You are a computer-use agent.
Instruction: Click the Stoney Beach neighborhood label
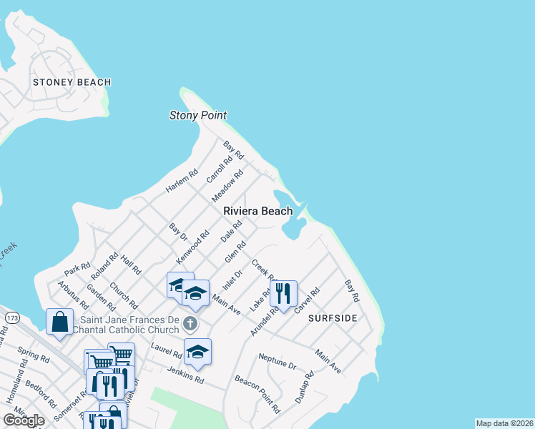click(x=72, y=82)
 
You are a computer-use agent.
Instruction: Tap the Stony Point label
click(x=198, y=115)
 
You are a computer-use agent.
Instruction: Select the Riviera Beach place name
click(x=257, y=211)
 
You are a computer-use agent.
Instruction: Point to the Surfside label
click(x=332, y=317)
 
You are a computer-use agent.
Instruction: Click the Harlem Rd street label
click(x=181, y=181)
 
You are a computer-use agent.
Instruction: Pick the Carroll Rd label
click(x=220, y=170)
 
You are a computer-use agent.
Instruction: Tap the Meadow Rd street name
click(x=228, y=185)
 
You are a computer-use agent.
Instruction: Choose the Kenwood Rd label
click(x=193, y=245)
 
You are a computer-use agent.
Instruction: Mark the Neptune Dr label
click(x=278, y=361)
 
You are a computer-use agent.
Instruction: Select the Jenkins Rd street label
click(x=185, y=373)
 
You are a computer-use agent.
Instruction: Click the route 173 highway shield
click(x=11, y=316)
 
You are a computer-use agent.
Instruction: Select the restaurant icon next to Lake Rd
click(x=283, y=293)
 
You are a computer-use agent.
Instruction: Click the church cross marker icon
click(x=190, y=324)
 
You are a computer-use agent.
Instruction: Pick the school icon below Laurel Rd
click(x=198, y=351)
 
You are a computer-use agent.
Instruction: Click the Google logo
click(x=24, y=420)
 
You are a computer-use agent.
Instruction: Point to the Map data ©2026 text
click(x=504, y=423)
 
